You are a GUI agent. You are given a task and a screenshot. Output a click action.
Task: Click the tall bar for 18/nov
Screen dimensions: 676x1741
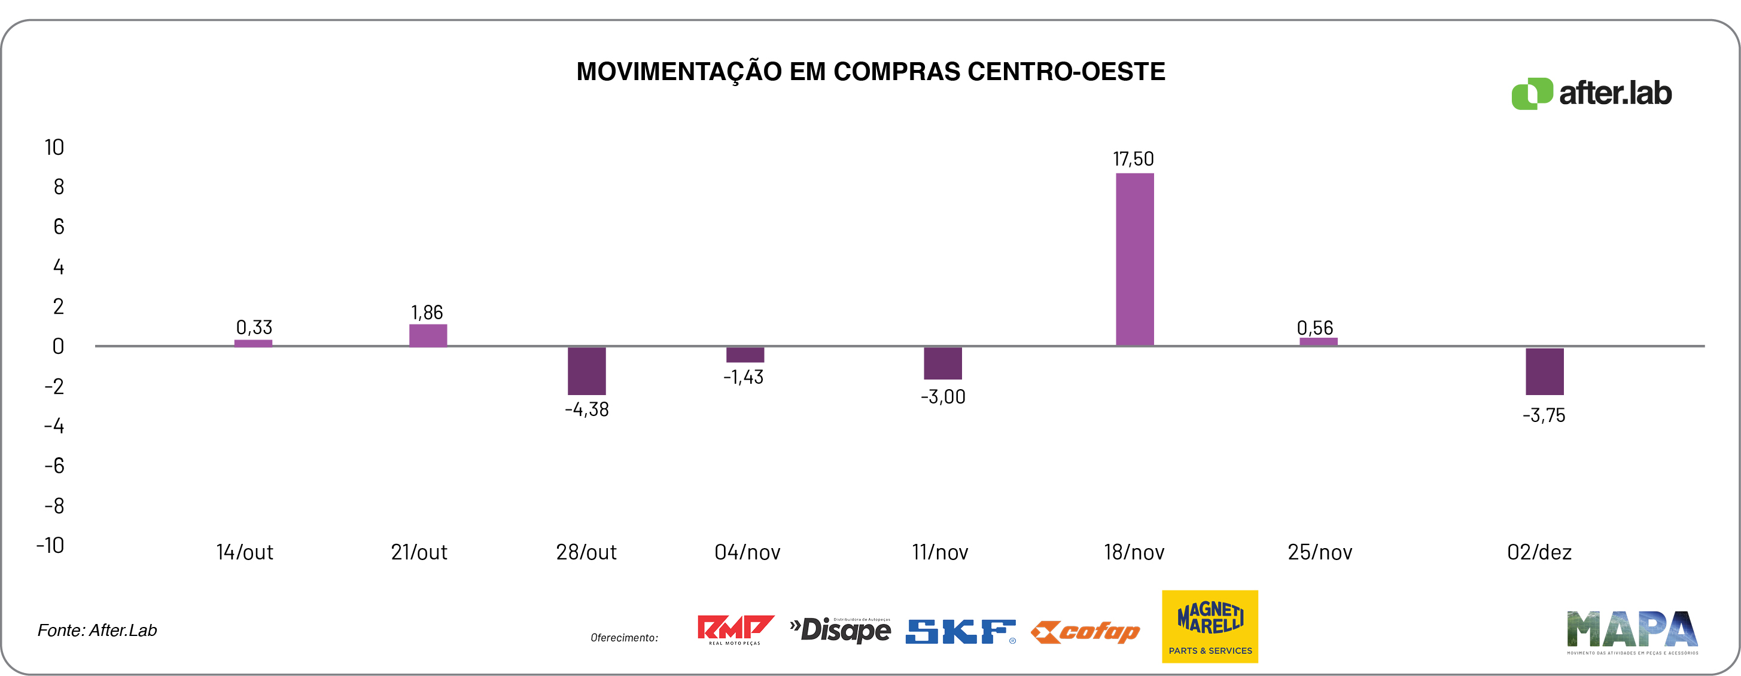1134,259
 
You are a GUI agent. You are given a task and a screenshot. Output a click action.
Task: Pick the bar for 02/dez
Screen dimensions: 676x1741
1544,371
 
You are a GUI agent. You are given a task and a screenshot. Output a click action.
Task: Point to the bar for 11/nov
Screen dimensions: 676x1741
942,363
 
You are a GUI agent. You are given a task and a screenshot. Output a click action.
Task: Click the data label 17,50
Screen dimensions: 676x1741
1133,160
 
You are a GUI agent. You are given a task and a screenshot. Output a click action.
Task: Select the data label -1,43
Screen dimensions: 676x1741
744,377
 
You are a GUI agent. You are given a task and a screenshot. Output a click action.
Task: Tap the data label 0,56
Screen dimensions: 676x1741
1314,328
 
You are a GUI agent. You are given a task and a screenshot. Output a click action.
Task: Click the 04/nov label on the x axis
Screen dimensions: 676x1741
747,552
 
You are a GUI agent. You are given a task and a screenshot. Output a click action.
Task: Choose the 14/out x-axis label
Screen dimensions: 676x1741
245,552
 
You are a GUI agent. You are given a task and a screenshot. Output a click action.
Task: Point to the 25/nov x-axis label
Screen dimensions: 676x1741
1319,552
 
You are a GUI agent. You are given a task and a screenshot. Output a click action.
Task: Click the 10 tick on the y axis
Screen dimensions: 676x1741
54,147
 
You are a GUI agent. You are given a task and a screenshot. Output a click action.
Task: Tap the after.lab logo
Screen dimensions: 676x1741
1591,93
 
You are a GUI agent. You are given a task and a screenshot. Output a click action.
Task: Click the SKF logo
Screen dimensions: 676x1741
960,631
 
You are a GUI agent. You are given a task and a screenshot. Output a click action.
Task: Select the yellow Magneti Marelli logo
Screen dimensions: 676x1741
1210,626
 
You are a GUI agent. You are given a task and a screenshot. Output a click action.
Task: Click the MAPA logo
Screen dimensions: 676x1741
1632,631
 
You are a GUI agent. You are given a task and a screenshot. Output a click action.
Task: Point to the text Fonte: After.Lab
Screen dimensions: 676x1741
98,630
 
